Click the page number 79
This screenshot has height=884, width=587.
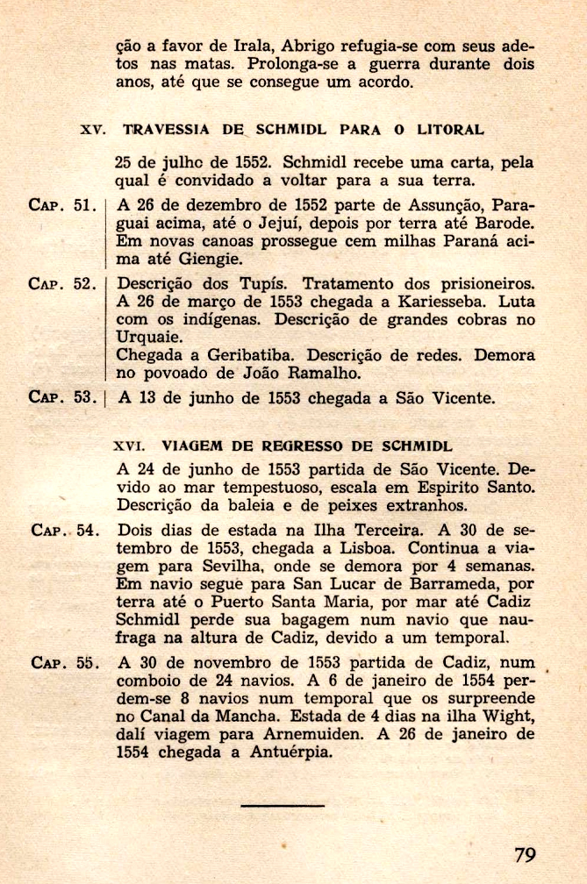[525, 852]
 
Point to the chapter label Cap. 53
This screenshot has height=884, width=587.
[62, 397]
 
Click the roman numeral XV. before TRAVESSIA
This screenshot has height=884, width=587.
[92, 130]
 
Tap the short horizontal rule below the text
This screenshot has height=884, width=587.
[282, 805]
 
